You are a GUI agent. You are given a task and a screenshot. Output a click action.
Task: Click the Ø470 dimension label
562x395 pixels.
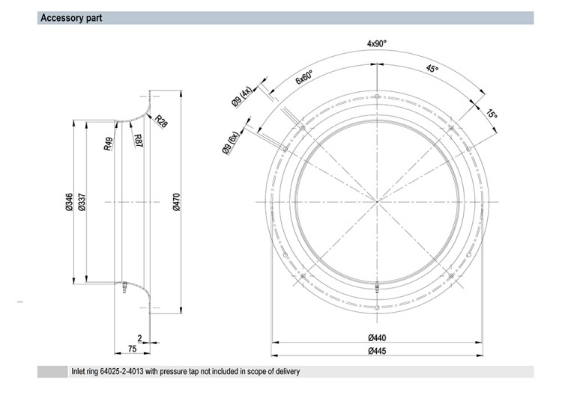(x=176, y=202)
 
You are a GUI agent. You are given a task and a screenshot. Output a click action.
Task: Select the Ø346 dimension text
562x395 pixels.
(x=69, y=202)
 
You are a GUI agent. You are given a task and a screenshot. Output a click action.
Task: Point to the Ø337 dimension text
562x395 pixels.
(x=82, y=202)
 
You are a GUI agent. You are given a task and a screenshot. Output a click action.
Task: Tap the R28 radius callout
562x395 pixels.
(x=161, y=122)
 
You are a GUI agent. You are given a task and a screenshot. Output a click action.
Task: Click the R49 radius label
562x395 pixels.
(x=108, y=144)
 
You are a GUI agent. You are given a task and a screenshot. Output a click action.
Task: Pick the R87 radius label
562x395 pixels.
(x=138, y=141)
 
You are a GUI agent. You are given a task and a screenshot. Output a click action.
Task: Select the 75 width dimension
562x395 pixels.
(x=132, y=349)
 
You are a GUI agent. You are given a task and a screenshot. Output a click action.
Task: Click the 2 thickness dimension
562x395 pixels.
(x=140, y=338)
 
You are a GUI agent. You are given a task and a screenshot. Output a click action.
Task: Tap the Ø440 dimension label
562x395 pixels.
(x=377, y=337)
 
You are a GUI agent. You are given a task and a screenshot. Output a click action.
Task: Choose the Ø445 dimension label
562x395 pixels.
(x=377, y=351)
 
